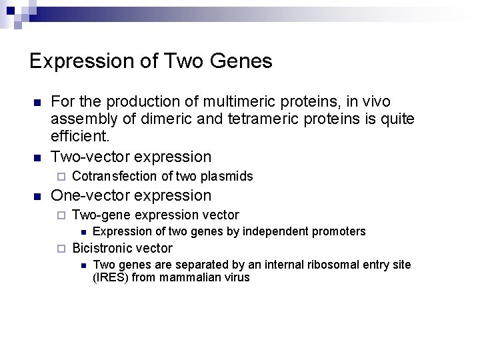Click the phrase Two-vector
click(x=91, y=157)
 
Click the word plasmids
click(x=227, y=177)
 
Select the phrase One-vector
click(x=91, y=196)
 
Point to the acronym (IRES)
click(x=111, y=277)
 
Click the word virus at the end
click(x=236, y=277)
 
